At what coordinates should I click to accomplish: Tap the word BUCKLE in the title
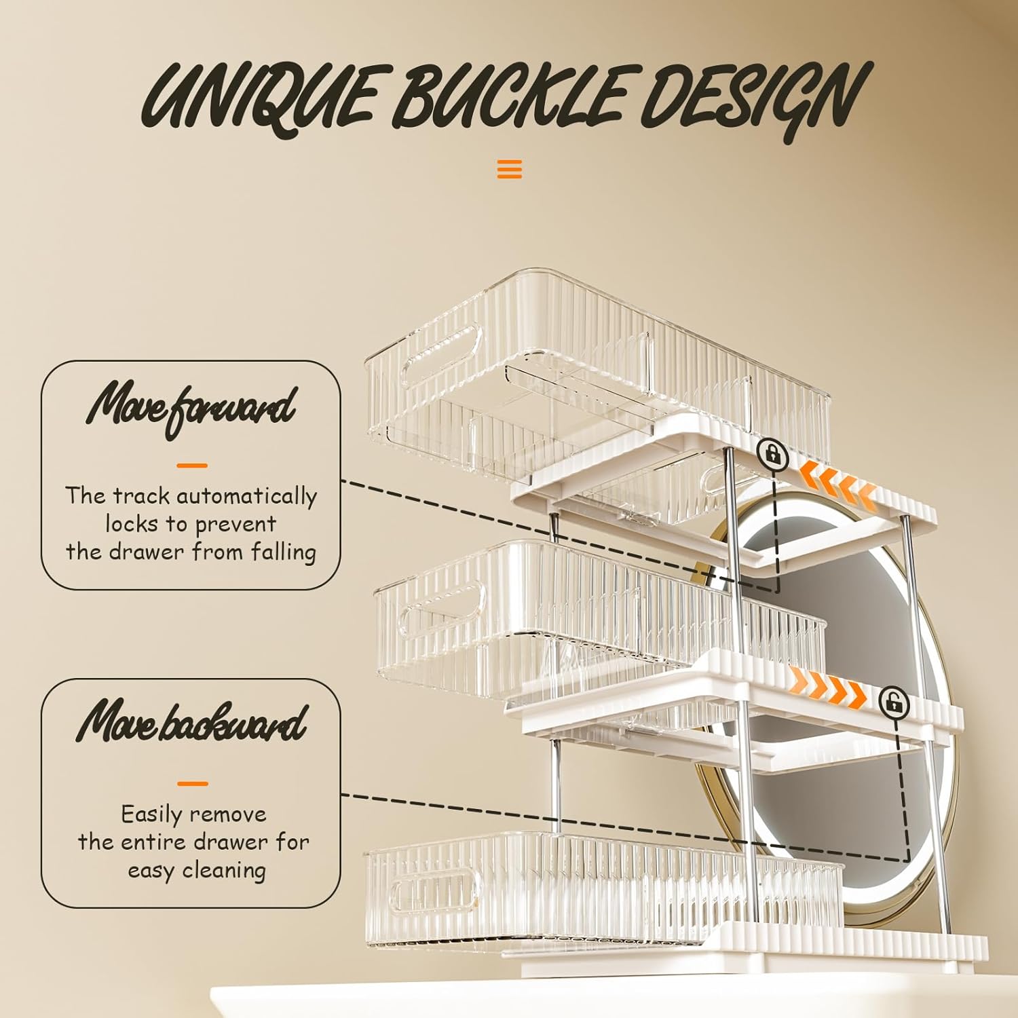coord(509,98)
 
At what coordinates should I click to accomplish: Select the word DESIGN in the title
coord(753,98)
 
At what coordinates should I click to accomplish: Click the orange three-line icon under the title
coord(509,168)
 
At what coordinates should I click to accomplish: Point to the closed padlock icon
coord(772,453)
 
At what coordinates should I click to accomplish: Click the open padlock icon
coord(894,702)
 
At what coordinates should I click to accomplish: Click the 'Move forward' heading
coord(191,407)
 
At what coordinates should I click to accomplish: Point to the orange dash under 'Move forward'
coord(191,466)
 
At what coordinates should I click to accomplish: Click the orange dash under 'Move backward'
coord(192,783)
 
